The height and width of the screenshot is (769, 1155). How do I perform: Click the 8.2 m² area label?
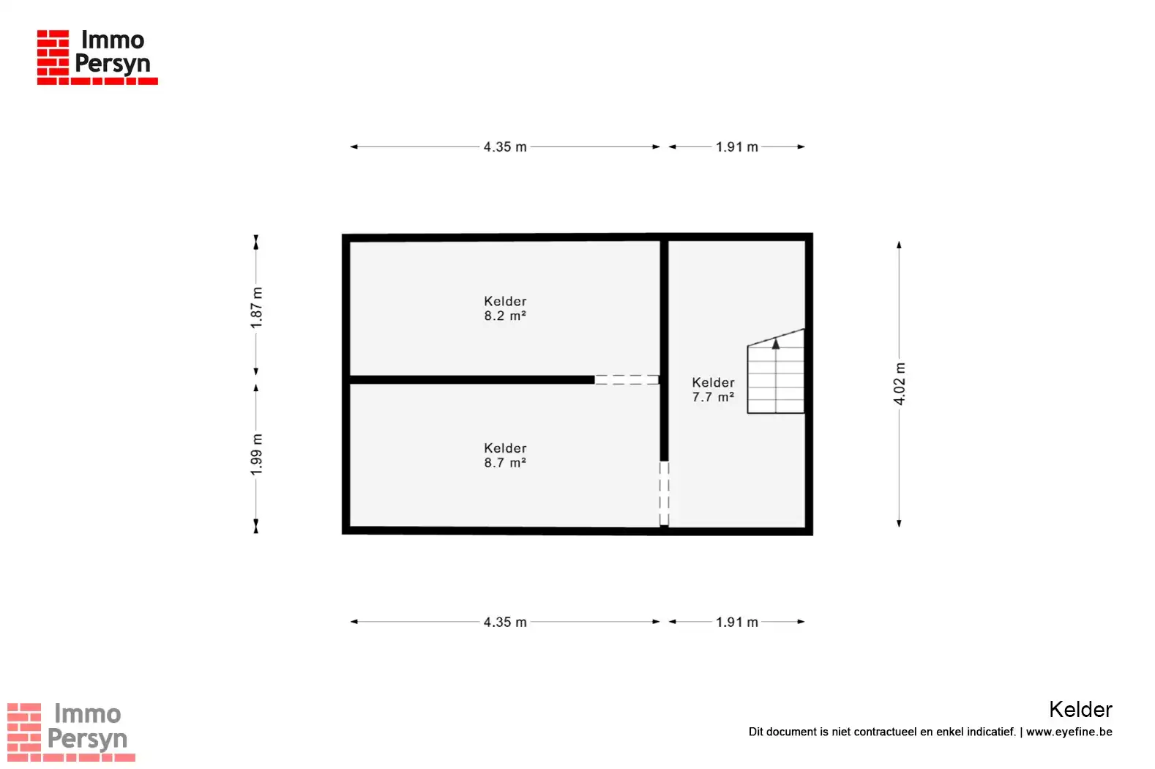point(505,316)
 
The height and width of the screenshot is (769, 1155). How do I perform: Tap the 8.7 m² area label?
point(505,463)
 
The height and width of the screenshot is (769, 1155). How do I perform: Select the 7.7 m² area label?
point(713,398)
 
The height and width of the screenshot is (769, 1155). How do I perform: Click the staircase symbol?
point(776,371)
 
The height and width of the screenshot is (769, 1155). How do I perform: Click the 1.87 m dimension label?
point(256,308)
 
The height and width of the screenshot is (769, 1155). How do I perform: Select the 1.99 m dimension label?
point(256,456)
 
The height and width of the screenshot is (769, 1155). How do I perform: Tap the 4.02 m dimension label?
point(899,384)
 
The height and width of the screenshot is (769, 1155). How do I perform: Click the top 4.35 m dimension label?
point(505,147)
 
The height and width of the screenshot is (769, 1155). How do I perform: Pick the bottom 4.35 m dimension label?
point(505,622)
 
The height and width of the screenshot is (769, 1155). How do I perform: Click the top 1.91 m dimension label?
point(737,147)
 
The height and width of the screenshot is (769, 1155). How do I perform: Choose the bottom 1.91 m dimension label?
point(737,622)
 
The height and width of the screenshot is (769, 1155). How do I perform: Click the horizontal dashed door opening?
point(627,380)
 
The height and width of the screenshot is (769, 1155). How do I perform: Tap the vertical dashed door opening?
point(664,494)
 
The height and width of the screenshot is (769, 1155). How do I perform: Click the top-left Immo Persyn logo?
point(97,57)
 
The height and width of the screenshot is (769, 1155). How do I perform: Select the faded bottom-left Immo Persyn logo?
point(71,732)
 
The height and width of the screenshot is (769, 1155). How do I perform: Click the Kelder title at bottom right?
point(1081,710)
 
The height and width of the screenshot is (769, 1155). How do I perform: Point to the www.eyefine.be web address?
point(1069,732)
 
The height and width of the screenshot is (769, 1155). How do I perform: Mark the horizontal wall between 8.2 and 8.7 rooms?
point(472,380)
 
